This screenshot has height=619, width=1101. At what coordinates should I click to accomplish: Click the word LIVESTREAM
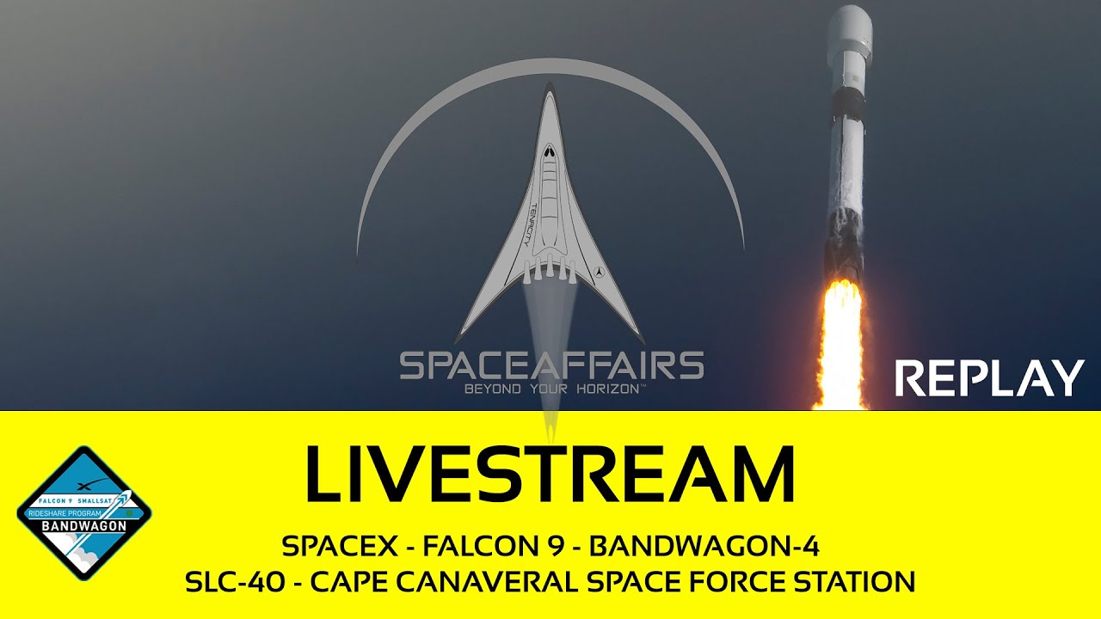point(550,474)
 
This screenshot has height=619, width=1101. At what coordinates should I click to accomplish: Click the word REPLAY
point(989,379)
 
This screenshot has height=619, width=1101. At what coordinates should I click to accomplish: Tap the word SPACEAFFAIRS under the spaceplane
point(551,365)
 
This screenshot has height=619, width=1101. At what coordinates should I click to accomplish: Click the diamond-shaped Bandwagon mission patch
point(84,513)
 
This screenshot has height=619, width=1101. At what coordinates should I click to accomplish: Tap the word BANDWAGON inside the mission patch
point(84,525)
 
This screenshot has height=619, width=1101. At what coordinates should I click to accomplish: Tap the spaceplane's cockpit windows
point(549,150)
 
